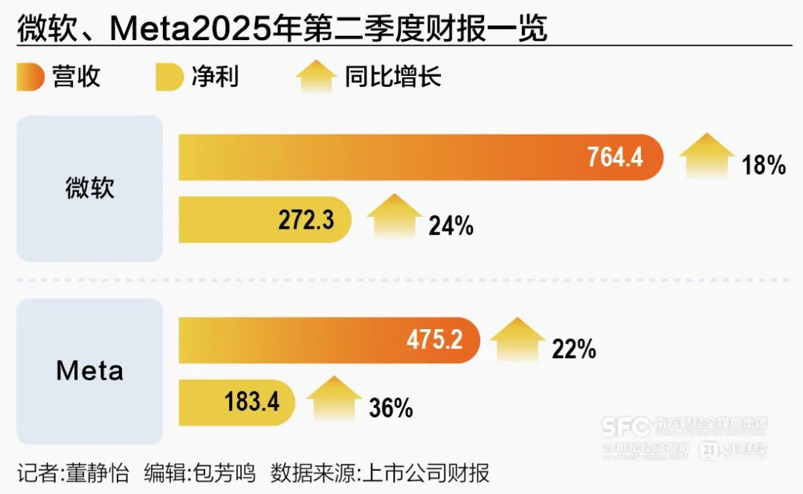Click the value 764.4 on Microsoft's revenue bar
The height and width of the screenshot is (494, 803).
coord(615,157)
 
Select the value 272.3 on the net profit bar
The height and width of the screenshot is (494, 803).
coord(306,221)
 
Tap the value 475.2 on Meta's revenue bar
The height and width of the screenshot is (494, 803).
coord(434,340)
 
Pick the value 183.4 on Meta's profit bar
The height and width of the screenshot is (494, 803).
coord(252,403)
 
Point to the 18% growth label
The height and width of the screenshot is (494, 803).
coord(764,166)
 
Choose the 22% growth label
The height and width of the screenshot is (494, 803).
coord(573,348)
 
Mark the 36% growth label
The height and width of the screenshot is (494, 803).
coord(390,408)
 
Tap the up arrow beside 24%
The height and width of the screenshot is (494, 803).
coord(394,215)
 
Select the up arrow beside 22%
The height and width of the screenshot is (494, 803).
coord(517,338)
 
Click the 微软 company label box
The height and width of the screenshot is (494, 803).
coord(89,189)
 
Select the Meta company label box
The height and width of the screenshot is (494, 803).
coord(89,371)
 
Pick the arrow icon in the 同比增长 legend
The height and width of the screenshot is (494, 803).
coord(316,77)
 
